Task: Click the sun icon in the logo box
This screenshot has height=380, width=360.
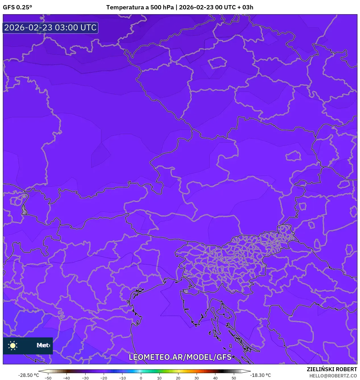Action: (13, 345)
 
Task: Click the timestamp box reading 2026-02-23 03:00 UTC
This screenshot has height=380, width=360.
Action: (50, 28)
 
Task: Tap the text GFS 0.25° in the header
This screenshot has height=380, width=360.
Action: (17, 7)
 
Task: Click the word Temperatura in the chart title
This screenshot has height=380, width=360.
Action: (125, 7)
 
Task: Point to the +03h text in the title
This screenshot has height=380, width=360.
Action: (245, 7)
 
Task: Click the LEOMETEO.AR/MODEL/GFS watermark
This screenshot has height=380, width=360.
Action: (180, 357)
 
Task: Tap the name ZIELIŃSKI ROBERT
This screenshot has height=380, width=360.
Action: (332, 369)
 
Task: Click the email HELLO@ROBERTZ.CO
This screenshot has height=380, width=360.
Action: (333, 376)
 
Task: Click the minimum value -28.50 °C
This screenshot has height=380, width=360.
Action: (28, 375)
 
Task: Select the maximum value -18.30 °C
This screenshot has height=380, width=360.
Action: (260, 375)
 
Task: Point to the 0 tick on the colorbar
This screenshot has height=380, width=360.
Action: (141, 378)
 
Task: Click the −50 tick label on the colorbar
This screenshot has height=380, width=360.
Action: (48, 378)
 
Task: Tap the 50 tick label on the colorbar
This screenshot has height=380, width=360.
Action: (234, 378)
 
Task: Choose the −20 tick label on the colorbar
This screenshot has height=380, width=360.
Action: (104, 378)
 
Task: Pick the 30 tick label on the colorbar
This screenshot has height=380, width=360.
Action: (197, 378)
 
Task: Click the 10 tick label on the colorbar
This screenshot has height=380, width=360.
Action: (159, 378)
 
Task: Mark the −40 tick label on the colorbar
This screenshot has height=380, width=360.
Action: (66, 378)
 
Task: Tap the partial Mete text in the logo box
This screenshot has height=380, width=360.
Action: (43, 345)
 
